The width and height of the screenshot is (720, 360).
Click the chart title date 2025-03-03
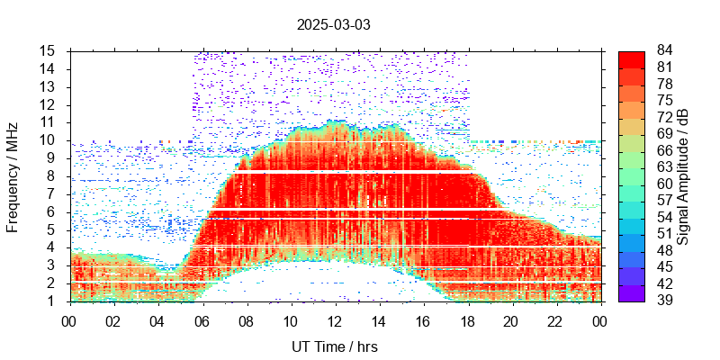(x=333, y=24)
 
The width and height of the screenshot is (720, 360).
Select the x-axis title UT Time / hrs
(x=334, y=346)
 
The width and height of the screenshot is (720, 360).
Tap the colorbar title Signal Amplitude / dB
(x=684, y=176)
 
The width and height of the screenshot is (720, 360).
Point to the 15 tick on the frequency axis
(x=49, y=50)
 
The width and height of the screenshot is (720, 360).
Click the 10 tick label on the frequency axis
(x=49, y=139)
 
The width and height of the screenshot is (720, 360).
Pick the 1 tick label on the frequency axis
(x=52, y=301)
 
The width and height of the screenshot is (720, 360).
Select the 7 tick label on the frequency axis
(x=52, y=193)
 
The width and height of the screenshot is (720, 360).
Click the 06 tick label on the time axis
(x=202, y=319)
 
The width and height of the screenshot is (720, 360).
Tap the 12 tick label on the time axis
(x=335, y=319)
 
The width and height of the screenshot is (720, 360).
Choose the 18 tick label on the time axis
(x=467, y=319)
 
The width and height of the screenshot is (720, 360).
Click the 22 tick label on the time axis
(x=555, y=319)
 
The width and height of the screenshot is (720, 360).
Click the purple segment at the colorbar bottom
(x=632, y=292)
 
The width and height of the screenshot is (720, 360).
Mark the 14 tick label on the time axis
(x=379, y=319)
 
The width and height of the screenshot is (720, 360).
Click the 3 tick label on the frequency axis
(x=52, y=265)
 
